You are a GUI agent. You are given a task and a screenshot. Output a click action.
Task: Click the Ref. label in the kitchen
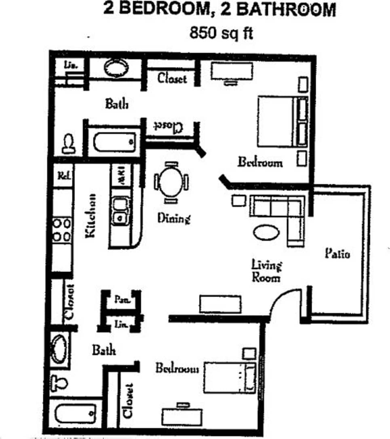click(64, 176)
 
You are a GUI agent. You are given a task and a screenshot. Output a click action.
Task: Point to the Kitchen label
click(90, 215)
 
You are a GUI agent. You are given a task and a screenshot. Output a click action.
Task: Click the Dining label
click(173, 218)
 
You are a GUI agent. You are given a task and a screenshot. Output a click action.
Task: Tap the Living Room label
click(266, 271)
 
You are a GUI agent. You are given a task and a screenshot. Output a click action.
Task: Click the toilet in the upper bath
click(69, 144)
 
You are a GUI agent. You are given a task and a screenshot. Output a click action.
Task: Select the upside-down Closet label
click(168, 126)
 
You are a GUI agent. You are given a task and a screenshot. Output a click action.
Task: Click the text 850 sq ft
click(221, 33)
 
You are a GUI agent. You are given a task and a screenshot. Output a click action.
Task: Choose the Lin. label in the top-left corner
click(71, 64)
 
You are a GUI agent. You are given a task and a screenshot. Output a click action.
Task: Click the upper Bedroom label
click(260, 162)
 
